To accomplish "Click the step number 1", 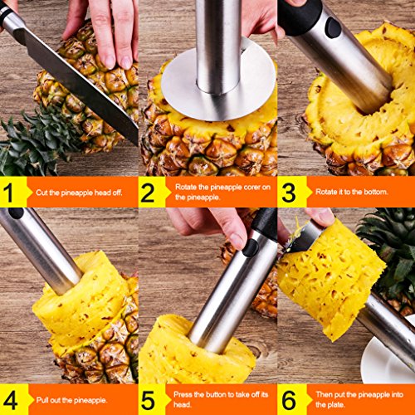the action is [8, 192].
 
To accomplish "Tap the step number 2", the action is [148, 192].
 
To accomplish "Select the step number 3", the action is [289, 192].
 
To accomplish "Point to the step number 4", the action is [10, 400].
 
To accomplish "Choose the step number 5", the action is [148, 400].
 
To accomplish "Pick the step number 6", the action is [289, 400].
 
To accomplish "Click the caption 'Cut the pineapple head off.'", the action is [79, 193].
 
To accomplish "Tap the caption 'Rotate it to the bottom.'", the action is [352, 192].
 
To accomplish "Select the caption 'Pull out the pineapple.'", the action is [71, 400].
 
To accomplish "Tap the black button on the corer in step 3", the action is [333, 27].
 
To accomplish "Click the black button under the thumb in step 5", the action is [251, 247].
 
